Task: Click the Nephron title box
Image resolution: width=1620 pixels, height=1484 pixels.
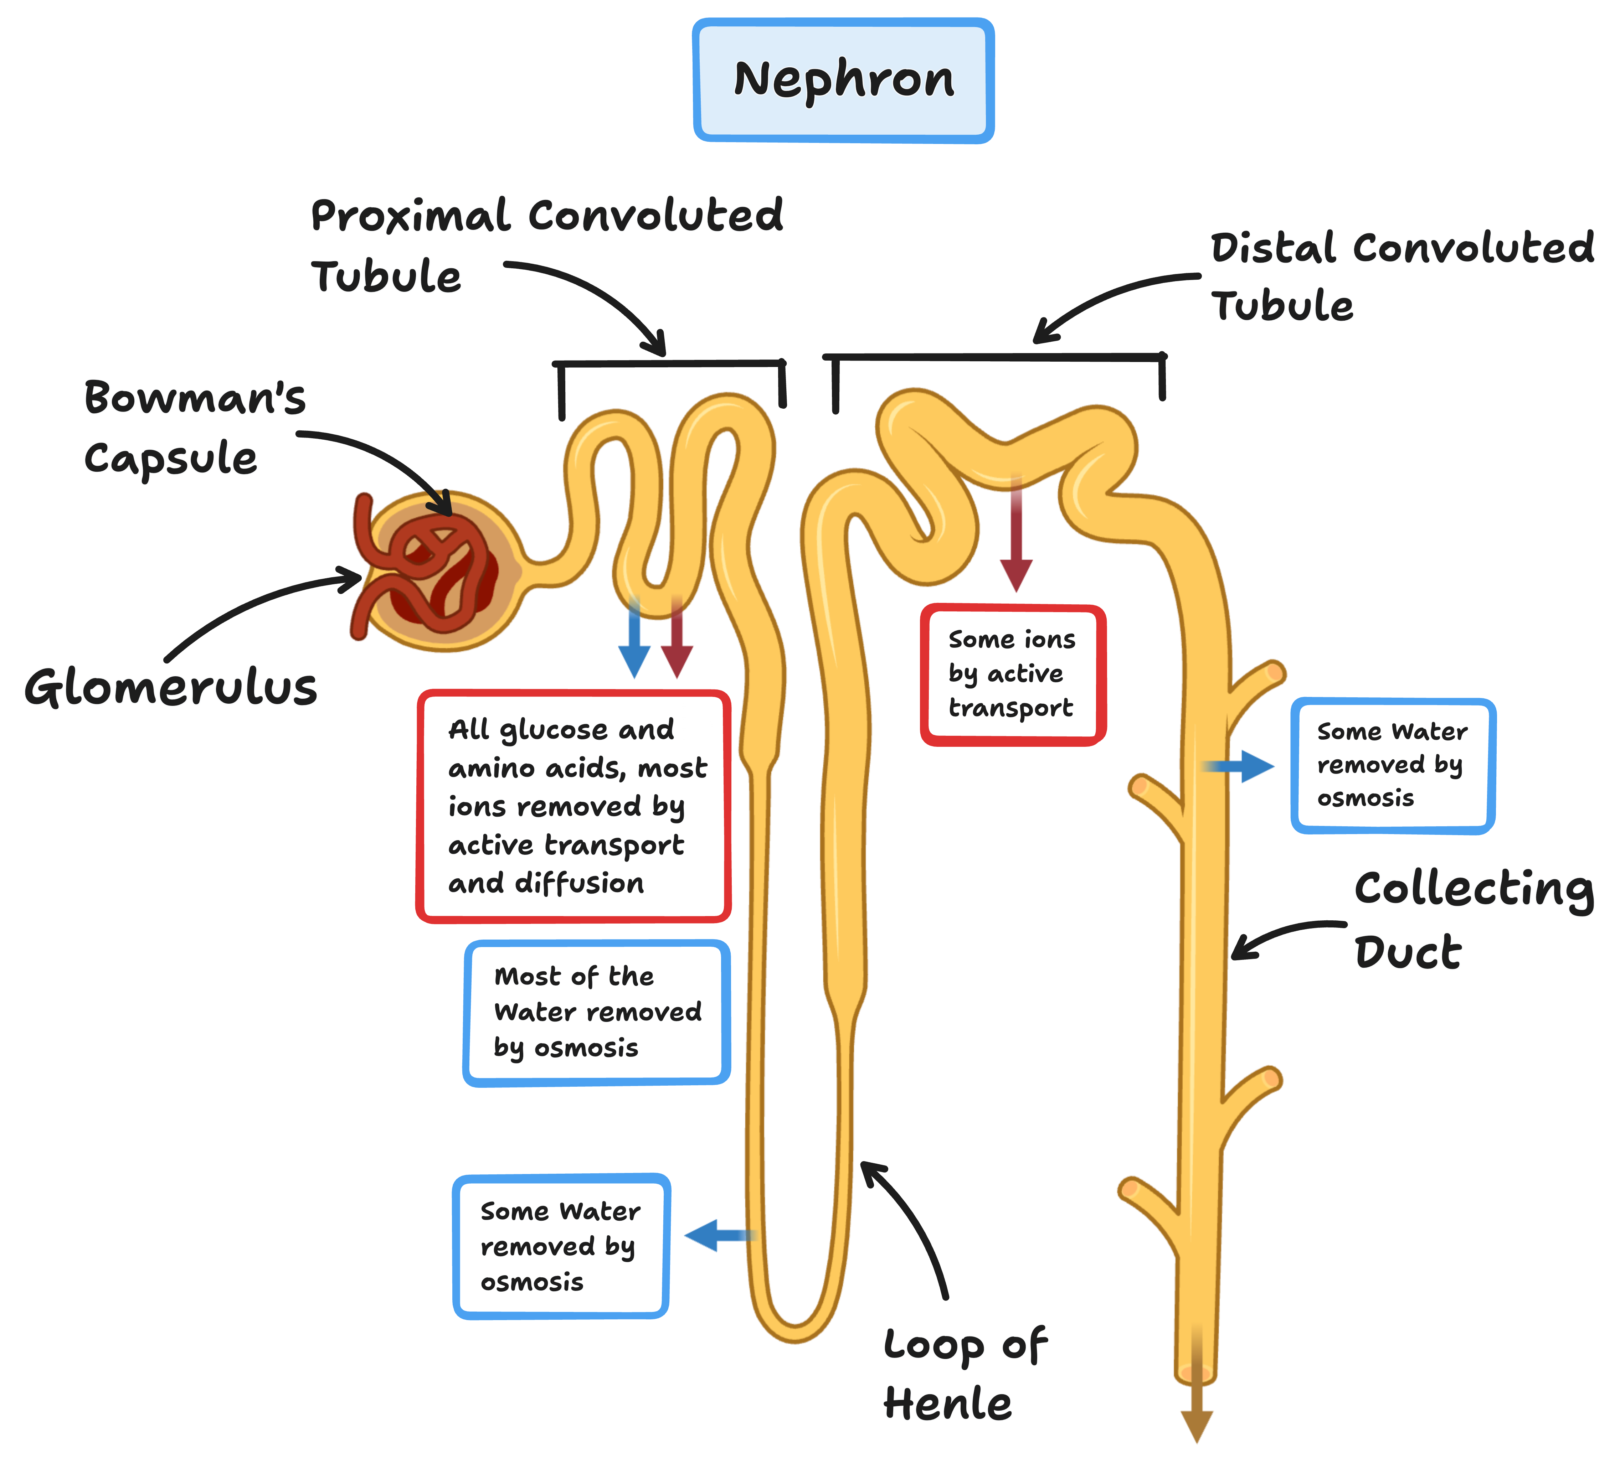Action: pyautogui.click(x=844, y=81)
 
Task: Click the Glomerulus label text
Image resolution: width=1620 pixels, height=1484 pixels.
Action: pyautogui.click(x=170, y=689)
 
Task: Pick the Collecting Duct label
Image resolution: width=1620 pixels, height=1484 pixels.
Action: pyautogui.click(x=1475, y=920)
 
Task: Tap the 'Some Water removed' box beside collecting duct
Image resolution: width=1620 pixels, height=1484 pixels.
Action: pyautogui.click(x=1393, y=765)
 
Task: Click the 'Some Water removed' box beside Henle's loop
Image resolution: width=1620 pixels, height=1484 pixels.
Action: pyautogui.click(x=561, y=1246)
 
